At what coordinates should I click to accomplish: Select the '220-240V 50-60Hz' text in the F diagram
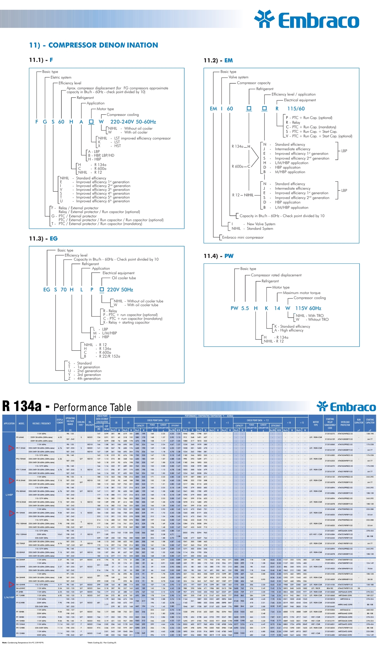133,122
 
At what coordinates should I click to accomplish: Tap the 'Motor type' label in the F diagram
105,109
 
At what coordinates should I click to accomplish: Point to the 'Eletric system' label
61,77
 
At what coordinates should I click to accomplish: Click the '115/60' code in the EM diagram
296,109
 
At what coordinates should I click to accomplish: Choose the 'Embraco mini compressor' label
243,237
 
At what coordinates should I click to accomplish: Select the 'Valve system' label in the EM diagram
238,77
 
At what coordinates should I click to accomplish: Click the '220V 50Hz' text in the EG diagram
120,290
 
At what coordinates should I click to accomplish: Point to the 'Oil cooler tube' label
124,278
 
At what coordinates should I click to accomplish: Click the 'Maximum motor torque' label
302,293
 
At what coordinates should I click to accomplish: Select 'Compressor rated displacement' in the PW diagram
276,275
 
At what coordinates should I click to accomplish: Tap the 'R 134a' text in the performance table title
22,406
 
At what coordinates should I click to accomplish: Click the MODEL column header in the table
22,424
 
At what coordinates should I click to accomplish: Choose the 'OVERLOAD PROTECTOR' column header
345,424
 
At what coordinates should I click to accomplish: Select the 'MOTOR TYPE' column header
316,424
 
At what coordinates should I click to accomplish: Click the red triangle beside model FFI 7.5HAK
11,448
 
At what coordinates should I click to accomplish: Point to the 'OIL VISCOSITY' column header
90,424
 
